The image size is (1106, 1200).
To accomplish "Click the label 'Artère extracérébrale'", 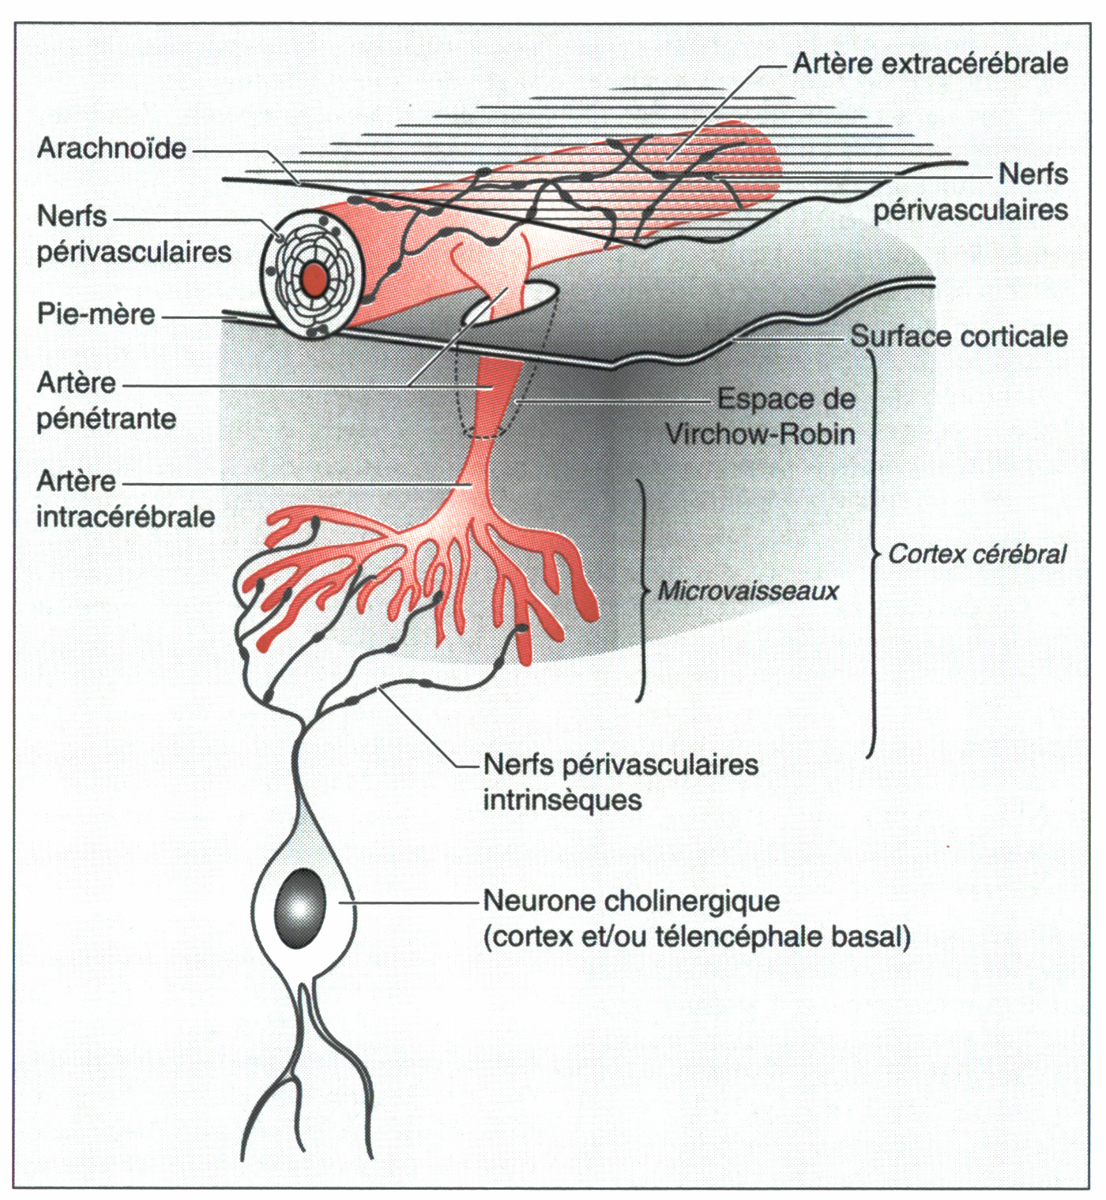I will pyautogui.click(x=930, y=63).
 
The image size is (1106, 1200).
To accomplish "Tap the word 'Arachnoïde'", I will pyautogui.click(x=111, y=148).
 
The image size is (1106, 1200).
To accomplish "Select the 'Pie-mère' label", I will pyautogui.click(x=96, y=314).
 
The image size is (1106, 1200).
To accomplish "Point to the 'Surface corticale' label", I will pyautogui.click(x=958, y=336).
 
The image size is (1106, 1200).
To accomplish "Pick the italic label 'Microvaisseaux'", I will pyautogui.click(x=747, y=591).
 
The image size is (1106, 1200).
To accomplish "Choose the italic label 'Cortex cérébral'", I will pyautogui.click(x=977, y=554).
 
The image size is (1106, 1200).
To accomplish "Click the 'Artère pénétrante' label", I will pyautogui.click(x=106, y=400).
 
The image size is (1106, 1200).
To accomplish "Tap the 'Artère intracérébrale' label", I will pyautogui.click(x=125, y=499).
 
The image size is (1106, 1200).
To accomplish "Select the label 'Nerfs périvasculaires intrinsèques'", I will pyautogui.click(x=620, y=782).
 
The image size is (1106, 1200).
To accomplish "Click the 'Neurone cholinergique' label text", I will pyautogui.click(x=631, y=901).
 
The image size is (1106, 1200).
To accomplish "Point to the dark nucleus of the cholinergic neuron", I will pyautogui.click(x=300, y=908).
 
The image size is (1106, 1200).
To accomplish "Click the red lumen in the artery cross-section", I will pyautogui.click(x=314, y=278).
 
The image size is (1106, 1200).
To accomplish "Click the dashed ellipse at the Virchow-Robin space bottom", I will pyautogui.click(x=483, y=433).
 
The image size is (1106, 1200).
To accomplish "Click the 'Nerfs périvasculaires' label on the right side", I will pyautogui.click(x=970, y=192).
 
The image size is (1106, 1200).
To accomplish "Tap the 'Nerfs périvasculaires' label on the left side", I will pyautogui.click(x=134, y=234).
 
